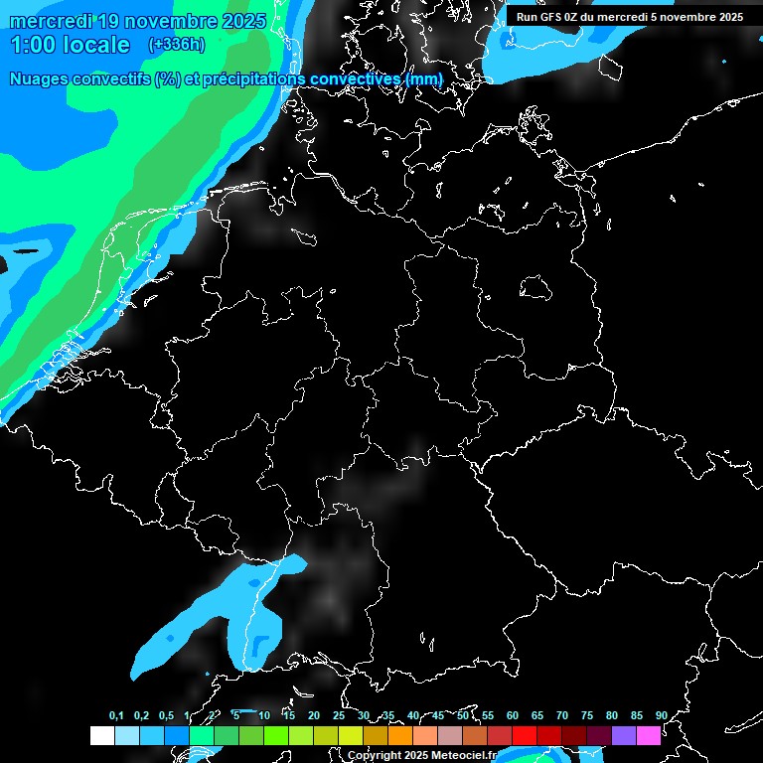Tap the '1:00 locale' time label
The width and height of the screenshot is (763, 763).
point(71,45)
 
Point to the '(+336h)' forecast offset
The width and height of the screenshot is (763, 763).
point(177,45)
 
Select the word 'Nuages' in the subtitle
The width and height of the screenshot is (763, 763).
point(40,79)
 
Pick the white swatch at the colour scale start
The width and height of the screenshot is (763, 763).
point(101,736)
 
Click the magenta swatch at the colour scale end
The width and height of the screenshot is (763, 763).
point(648,736)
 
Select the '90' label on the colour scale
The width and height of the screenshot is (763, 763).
point(661,716)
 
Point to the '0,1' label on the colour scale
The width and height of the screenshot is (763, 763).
point(116,716)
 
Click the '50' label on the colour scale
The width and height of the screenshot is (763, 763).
point(463,716)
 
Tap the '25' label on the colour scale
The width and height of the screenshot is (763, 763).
point(339,716)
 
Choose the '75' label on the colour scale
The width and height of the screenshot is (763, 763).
point(587,716)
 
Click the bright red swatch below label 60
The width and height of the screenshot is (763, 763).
point(524,736)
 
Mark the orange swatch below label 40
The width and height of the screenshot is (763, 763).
point(399,736)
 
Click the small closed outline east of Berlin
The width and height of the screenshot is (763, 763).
point(536,288)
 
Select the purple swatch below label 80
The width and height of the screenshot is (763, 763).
point(623,736)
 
